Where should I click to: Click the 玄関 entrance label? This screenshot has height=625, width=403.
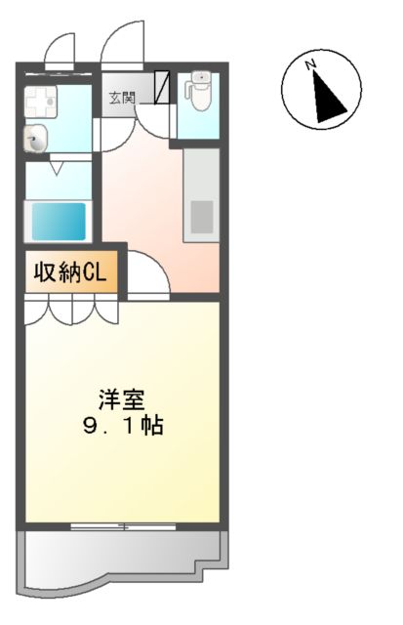123,98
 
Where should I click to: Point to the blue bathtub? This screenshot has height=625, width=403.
60,221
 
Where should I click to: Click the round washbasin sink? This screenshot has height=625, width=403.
37,140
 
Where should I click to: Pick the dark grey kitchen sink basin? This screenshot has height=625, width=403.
202,216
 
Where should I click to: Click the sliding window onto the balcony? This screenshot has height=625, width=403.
124,526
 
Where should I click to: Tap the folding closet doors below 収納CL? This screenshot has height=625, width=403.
70,311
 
